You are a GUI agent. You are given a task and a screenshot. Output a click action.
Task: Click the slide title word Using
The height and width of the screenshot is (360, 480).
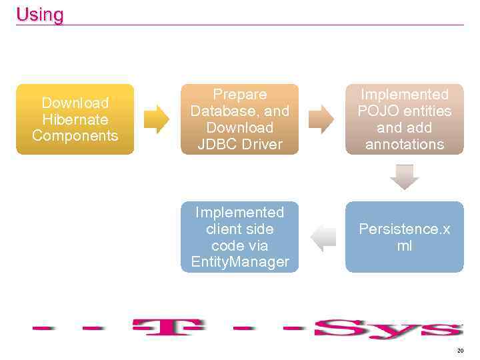[x=40, y=15]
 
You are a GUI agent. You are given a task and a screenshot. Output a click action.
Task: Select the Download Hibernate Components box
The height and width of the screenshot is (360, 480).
[x=75, y=119]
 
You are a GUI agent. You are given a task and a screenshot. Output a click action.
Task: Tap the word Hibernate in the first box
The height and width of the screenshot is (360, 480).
[x=75, y=119]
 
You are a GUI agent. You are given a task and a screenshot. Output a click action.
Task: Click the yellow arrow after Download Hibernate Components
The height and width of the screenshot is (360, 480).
[x=157, y=119]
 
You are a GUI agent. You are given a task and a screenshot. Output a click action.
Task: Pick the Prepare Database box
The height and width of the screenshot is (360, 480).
[x=239, y=119]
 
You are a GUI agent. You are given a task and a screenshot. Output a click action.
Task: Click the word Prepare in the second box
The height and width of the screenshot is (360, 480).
[x=239, y=95]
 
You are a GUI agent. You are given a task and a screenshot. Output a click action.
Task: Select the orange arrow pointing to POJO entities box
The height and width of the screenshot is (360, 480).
[x=322, y=119]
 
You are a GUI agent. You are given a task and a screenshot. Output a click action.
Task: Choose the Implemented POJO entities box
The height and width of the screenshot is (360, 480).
[x=404, y=119]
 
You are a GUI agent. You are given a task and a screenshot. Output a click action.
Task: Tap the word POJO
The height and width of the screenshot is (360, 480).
[x=377, y=111]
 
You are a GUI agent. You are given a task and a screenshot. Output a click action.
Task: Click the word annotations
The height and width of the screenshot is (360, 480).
[x=405, y=144]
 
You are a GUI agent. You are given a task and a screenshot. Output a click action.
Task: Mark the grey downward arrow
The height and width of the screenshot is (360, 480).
[x=405, y=177]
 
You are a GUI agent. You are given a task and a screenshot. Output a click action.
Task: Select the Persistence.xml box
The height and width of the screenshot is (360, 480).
[x=404, y=237]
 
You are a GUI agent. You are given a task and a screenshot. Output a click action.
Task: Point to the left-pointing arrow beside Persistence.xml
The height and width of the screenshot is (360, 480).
[x=323, y=237]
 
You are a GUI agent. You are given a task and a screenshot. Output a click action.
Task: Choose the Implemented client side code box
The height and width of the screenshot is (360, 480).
[x=239, y=237]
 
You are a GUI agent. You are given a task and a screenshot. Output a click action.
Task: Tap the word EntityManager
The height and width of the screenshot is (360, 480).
[x=240, y=262]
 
